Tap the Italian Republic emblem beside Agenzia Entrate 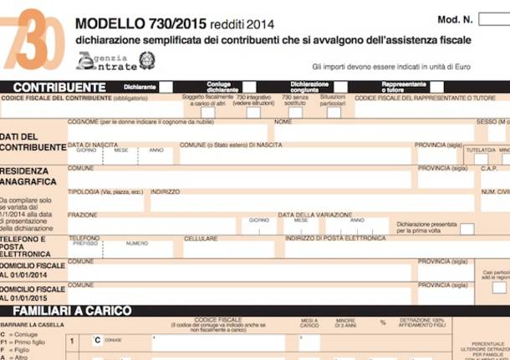pos(147,60)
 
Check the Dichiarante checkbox pos(166,86)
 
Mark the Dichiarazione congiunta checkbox pos(340,86)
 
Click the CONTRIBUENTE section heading pos(59,86)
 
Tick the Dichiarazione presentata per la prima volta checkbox pos(467,229)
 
